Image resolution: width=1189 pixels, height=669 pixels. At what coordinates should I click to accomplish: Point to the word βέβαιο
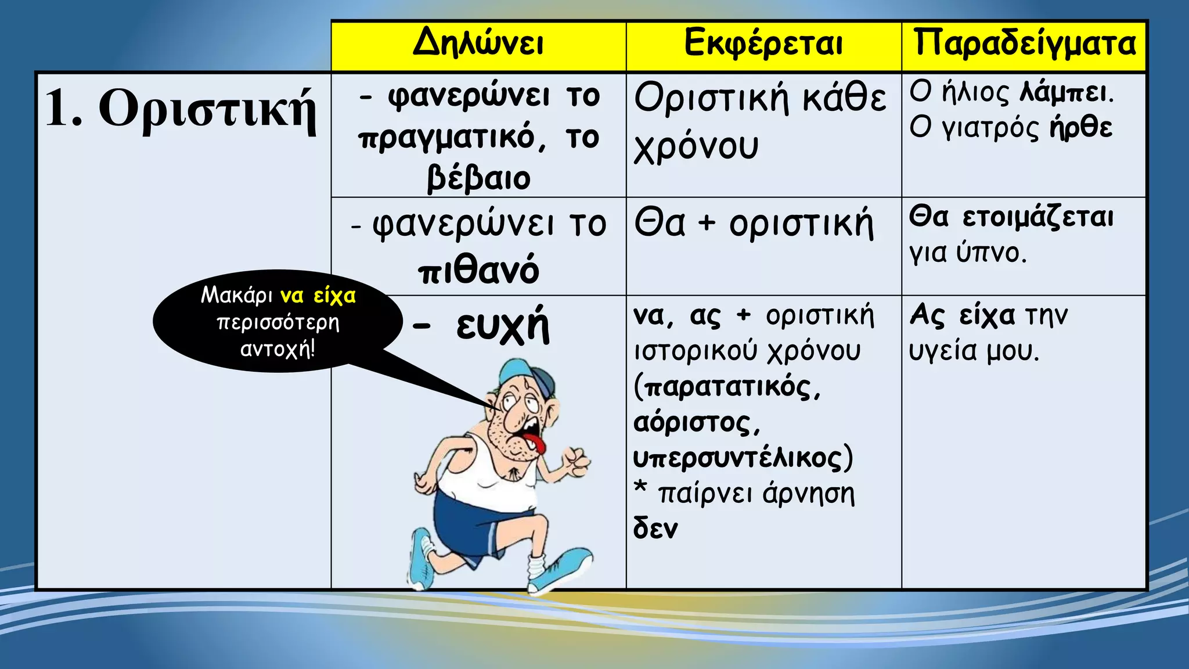tap(478, 178)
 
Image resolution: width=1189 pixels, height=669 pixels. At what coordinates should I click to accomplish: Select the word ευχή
tap(502, 327)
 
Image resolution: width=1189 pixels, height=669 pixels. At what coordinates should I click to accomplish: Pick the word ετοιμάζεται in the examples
tap(1038, 218)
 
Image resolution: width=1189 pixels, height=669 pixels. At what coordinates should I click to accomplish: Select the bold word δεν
tap(655, 528)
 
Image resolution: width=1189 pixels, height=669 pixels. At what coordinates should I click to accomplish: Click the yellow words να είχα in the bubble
tap(318, 296)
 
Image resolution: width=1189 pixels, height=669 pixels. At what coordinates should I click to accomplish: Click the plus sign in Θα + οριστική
tap(707, 224)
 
